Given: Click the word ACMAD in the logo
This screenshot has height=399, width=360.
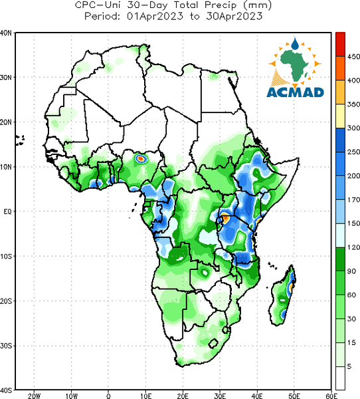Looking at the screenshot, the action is click(x=295, y=92).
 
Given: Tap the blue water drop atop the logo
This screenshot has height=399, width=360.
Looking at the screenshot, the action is click(x=295, y=44).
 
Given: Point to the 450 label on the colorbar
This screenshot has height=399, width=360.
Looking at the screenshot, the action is click(x=353, y=57).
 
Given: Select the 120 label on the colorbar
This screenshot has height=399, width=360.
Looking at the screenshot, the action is click(x=353, y=247).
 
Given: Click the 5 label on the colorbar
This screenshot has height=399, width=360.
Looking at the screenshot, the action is click(x=349, y=366).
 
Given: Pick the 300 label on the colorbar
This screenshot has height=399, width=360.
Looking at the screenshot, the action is click(x=353, y=128).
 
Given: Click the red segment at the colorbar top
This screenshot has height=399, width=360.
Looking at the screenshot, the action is click(x=341, y=45).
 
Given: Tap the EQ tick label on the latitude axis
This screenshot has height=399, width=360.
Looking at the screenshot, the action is click(x=7, y=211).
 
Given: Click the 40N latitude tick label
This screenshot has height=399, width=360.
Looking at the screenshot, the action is click(x=6, y=33).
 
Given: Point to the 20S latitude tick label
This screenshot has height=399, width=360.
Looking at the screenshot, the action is click(x=6, y=301).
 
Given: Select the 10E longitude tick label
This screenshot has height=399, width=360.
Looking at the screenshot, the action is click(x=145, y=396).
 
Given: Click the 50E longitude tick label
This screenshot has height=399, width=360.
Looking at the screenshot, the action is click(x=294, y=396).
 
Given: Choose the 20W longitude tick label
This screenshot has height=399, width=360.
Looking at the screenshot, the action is click(x=34, y=396).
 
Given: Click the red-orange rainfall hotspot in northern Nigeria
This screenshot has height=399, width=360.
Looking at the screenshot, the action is click(x=140, y=159).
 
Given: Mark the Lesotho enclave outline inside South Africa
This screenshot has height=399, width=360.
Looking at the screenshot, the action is click(x=213, y=344).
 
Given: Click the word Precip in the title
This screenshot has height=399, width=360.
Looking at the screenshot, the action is click(x=220, y=5).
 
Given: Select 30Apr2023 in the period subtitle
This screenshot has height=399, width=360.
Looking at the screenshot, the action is click(x=234, y=16).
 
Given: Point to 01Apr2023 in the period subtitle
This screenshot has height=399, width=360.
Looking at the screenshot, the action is click(x=155, y=16).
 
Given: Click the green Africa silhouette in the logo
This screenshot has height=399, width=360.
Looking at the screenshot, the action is click(x=295, y=65).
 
